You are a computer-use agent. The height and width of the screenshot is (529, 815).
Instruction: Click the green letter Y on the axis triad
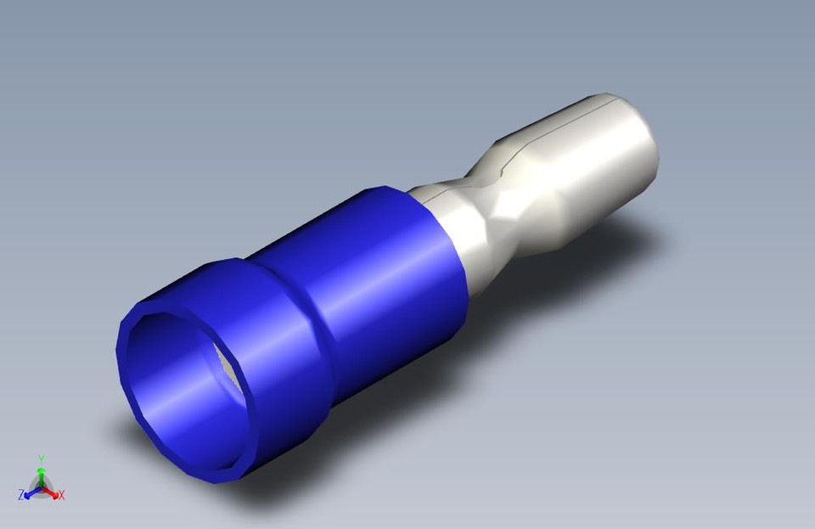pos(41,459)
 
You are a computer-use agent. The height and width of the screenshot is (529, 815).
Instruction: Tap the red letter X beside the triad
pos(63,495)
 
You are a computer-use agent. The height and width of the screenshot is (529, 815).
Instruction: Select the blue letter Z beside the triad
pos(20,494)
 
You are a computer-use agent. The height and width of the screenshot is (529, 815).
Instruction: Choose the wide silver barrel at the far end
pos(594,161)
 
